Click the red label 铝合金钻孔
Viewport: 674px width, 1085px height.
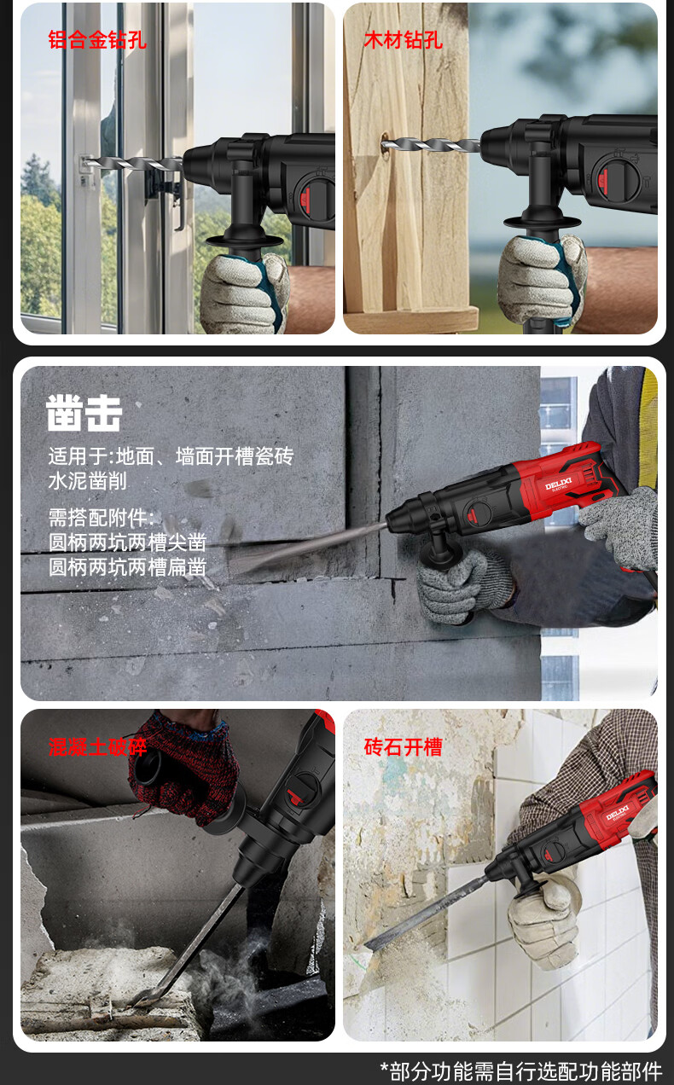pos(97,40)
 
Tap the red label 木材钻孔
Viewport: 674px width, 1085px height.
pos(404,40)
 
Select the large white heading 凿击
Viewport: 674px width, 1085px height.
pos(84,413)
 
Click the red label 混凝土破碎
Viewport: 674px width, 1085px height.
pos(97,747)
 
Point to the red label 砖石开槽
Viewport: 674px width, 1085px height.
pos(404,747)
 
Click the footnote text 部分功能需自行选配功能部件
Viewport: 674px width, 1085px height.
pos(526,1071)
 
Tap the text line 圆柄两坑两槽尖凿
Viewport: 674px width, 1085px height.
pos(127,542)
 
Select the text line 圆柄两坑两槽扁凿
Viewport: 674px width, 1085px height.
pos(127,567)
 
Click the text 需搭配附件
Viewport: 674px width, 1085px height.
pos(98,518)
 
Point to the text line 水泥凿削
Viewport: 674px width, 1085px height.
pos(88,481)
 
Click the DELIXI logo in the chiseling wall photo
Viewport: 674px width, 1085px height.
pos(559,484)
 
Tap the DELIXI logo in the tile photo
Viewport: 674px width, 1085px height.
pos(618,813)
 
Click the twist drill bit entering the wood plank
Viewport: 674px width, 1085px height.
pos(430,144)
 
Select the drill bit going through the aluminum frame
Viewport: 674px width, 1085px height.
pos(131,164)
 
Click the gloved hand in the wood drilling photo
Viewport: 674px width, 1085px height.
pos(543,281)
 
